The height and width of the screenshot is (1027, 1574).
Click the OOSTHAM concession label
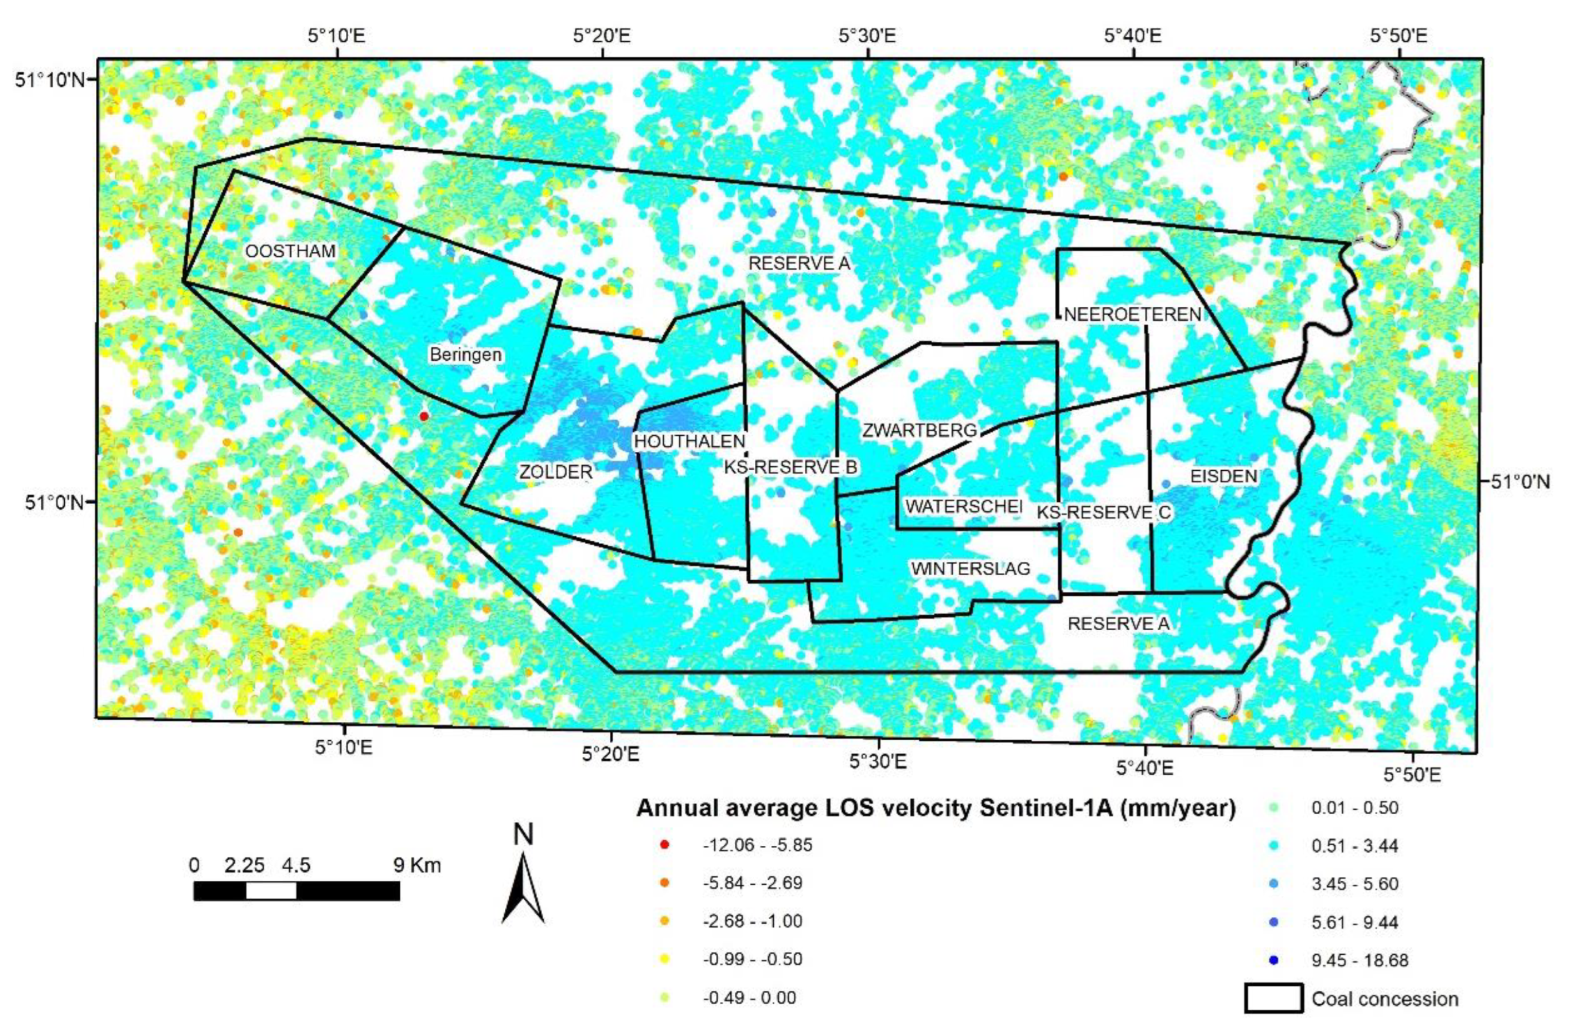[290, 251]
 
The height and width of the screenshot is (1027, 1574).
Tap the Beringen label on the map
[466, 354]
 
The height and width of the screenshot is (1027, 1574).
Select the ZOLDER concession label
[555, 471]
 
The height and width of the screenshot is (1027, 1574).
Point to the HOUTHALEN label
[690, 440]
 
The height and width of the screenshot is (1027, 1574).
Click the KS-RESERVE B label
[790, 467]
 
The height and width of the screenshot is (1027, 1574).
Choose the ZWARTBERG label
[920, 430]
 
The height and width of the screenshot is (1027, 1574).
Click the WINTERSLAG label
[970, 568]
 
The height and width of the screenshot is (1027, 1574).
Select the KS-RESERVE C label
[1103, 512]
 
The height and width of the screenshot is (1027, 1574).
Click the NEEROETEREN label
[1132, 314]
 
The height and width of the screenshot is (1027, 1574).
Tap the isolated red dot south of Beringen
[424, 416]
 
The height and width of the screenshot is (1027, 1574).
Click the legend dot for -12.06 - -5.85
[665, 845]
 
